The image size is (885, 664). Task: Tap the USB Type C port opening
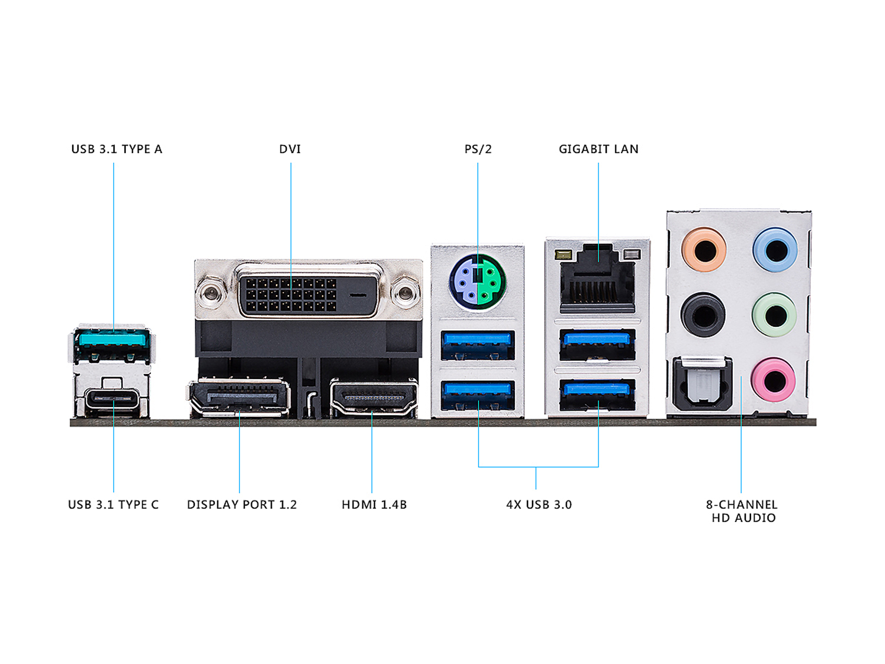tap(113, 398)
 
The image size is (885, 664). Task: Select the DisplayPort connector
tap(239, 397)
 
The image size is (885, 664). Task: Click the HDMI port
tap(373, 397)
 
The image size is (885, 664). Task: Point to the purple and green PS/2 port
tap(477, 282)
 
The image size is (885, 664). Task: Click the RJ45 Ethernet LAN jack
tap(597, 286)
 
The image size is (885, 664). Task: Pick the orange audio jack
tap(704, 250)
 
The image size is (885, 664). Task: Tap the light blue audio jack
tap(775, 250)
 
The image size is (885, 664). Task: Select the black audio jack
tap(703, 315)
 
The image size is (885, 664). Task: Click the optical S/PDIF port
tap(703, 384)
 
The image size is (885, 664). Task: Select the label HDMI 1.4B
tap(374, 504)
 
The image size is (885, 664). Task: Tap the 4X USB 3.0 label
tap(539, 504)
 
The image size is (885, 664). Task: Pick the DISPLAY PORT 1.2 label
tap(242, 504)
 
